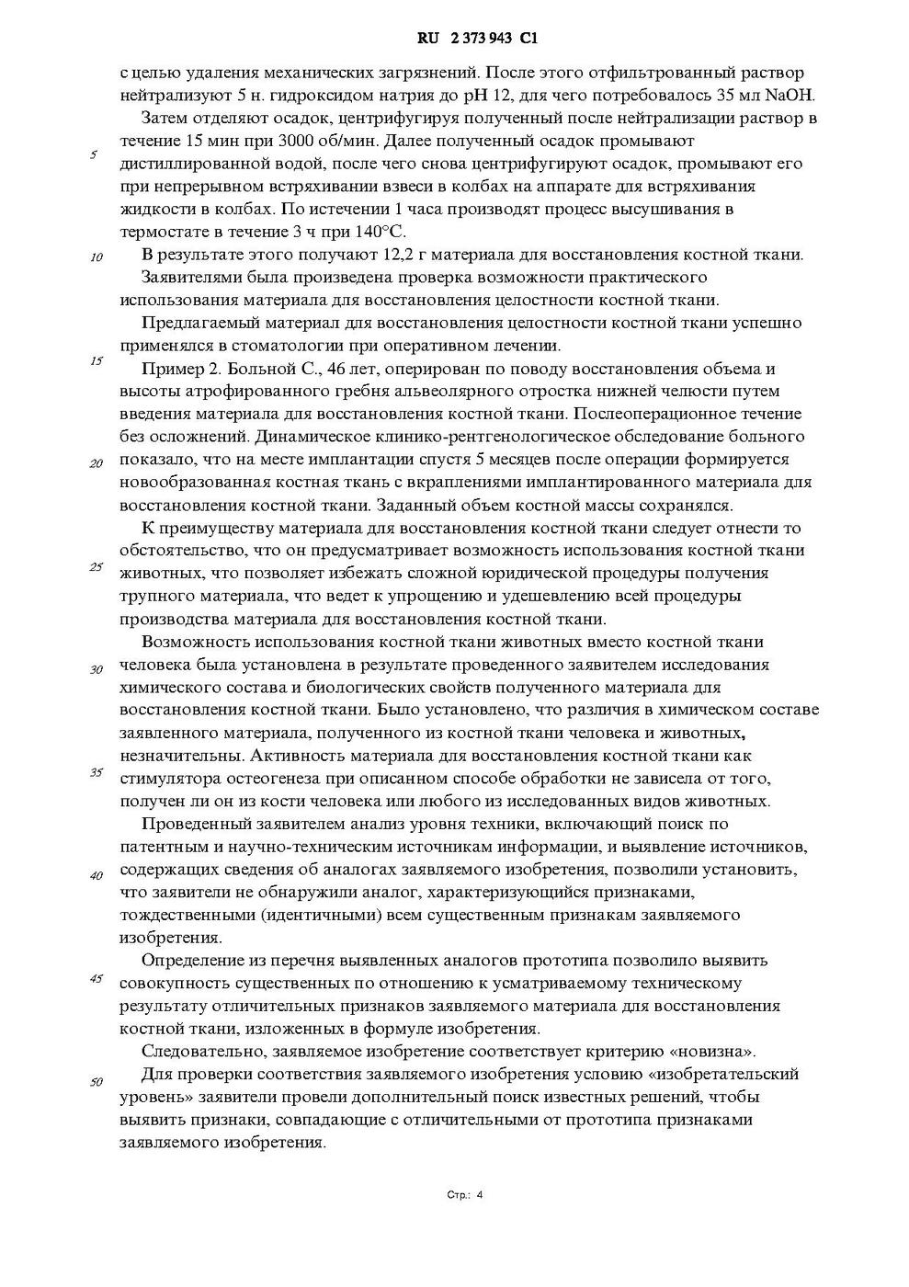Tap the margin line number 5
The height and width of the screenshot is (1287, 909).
94,154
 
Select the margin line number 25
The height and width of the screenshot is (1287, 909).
96,566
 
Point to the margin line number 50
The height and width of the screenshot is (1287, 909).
96,1081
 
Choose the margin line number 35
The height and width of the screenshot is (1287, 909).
96,772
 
